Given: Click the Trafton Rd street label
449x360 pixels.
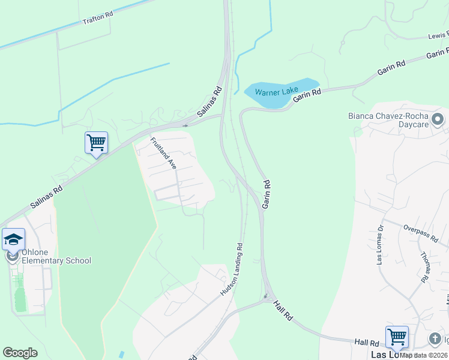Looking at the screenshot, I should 97,19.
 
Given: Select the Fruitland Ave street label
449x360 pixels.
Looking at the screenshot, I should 163,154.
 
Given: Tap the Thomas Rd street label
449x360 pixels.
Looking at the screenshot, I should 426,266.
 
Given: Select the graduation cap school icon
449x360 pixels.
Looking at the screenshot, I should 13,240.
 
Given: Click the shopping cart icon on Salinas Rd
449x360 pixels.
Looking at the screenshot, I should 96,143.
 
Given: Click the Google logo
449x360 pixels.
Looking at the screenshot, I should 20,352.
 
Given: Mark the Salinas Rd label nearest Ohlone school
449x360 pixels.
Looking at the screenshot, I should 47,196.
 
